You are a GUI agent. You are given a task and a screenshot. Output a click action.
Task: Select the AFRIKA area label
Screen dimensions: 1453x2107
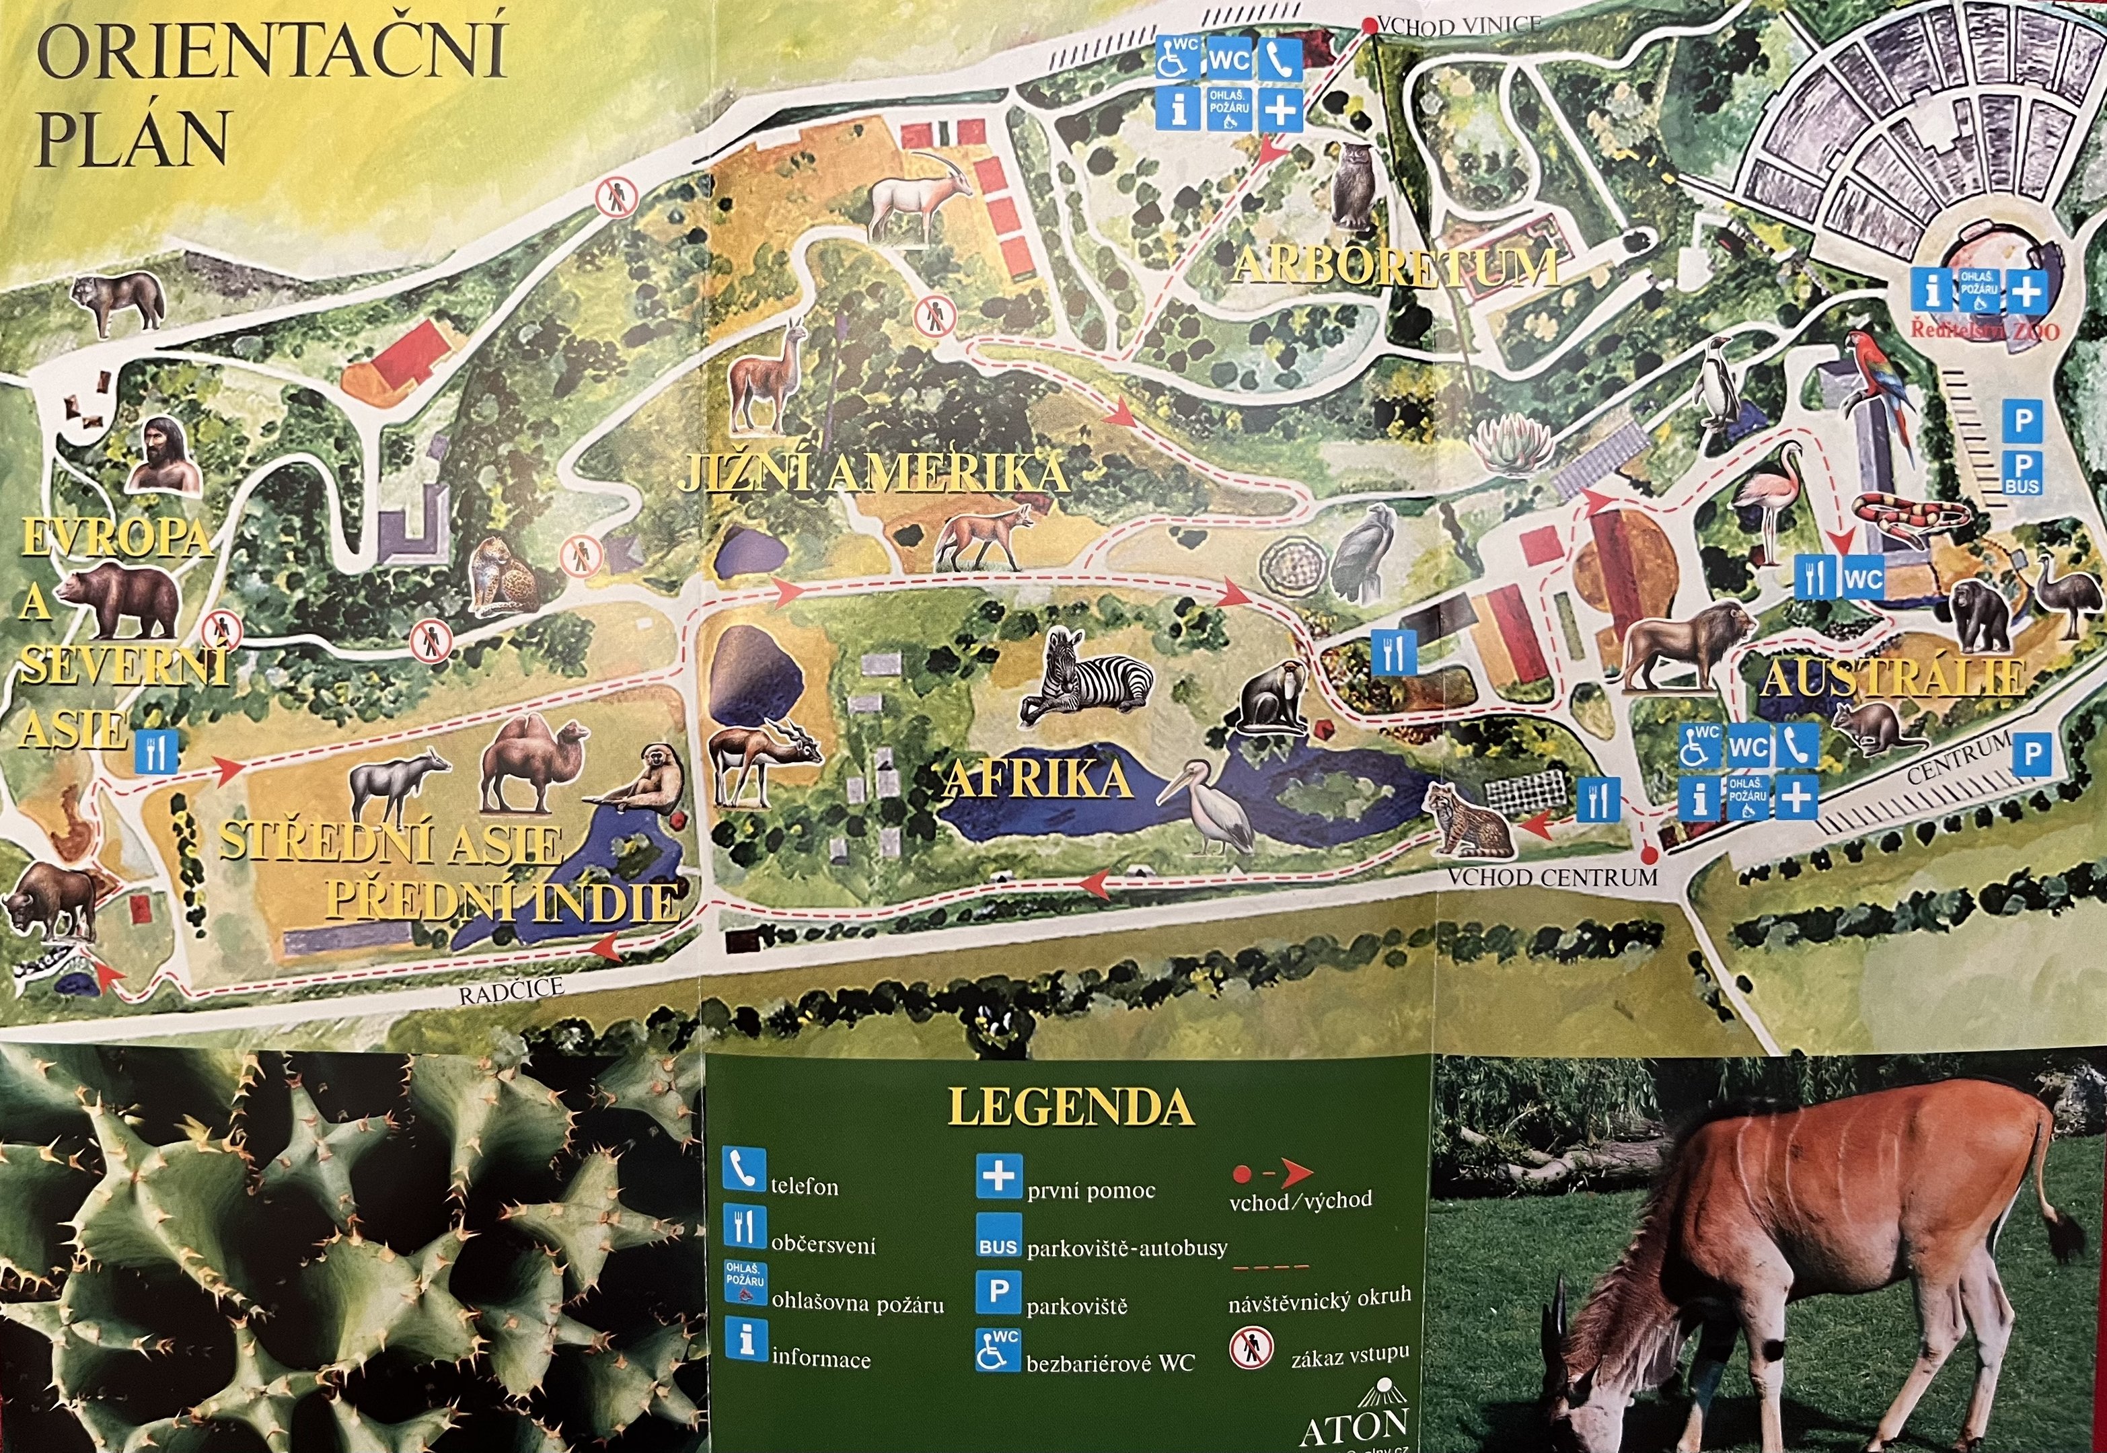[1037, 779]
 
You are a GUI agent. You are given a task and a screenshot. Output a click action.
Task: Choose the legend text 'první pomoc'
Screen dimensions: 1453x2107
[1090, 1190]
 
